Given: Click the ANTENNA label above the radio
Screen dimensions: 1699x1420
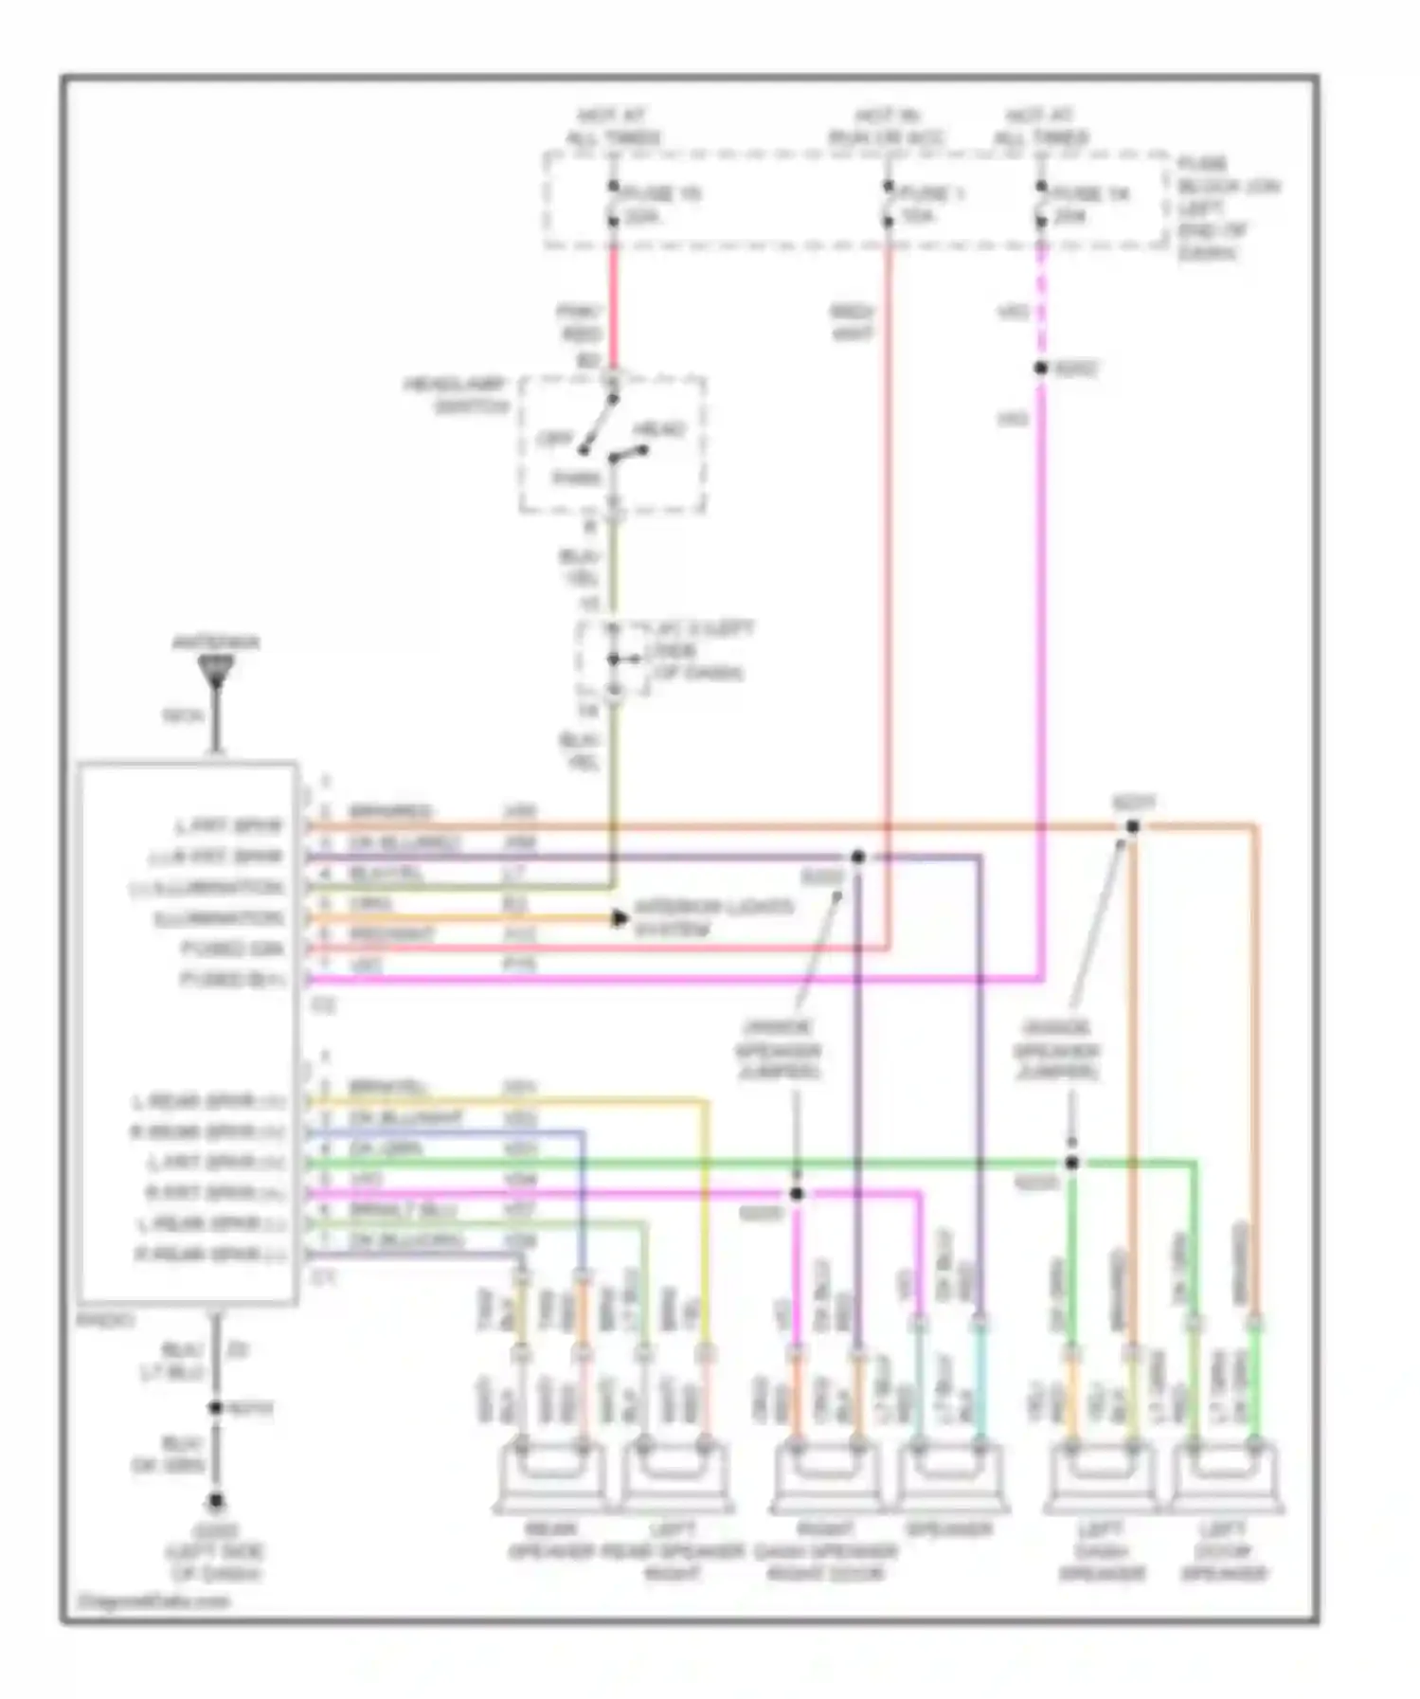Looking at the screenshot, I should (215, 642).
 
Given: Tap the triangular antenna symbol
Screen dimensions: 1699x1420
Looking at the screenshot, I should (217, 671).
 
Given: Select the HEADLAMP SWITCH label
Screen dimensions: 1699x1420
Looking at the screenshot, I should (457, 395).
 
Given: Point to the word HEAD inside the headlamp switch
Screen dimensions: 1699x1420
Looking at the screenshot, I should (660, 430).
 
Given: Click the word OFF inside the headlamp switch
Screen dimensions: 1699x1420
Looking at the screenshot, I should (554, 440).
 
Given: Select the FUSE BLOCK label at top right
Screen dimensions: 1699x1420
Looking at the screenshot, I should (1228, 208).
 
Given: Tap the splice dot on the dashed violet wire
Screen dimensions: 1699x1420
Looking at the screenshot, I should (1041, 368).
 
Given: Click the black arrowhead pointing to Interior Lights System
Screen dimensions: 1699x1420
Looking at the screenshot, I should (620, 918).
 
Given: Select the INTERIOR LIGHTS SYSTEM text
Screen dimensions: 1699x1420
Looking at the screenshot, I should (712, 918).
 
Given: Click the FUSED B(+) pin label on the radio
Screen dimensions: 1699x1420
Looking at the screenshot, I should (233, 979).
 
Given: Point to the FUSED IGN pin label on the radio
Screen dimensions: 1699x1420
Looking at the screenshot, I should (233, 949).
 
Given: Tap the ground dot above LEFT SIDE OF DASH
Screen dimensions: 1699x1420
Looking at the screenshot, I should (216, 1501).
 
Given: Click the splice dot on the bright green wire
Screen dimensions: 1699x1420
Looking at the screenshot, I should (1071, 1163).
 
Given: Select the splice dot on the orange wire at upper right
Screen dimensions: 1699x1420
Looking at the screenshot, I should (1133, 826).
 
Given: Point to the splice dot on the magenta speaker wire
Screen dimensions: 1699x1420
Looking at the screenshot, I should (797, 1194).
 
